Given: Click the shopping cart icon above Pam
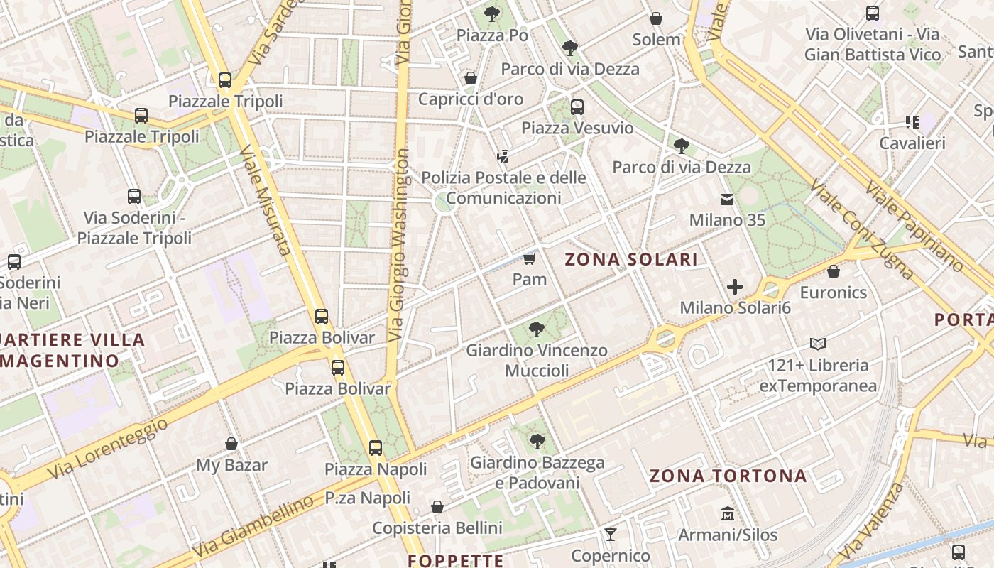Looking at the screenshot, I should (x=529, y=258).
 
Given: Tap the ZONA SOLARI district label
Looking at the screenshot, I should (x=631, y=260).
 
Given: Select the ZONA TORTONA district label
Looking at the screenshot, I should (x=728, y=476).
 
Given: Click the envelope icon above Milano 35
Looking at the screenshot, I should (x=727, y=200).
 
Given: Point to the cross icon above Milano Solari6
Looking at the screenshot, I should (x=735, y=288).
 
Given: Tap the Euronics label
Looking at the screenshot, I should (x=833, y=293).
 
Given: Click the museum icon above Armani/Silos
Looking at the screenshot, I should (x=727, y=513).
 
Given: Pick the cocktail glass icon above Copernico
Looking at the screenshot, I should (x=610, y=535).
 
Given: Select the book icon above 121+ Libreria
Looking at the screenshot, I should (x=818, y=344).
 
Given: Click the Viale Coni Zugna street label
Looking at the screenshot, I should (x=861, y=229).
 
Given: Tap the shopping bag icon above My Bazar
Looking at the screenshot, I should (x=231, y=444).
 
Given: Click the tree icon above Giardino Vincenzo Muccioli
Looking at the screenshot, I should (x=537, y=329).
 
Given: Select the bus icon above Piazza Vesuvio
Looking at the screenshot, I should (x=577, y=107).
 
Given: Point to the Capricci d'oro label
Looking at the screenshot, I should (x=470, y=99).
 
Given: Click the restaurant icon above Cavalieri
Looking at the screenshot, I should (x=912, y=122).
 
